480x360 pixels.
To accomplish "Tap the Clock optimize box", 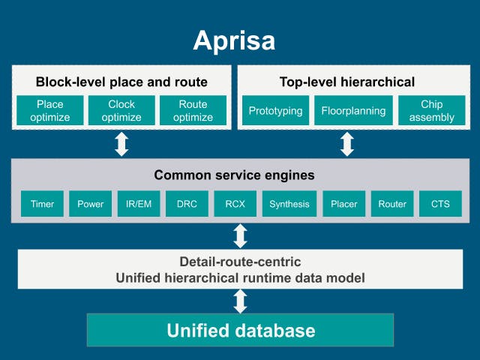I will point(121,110).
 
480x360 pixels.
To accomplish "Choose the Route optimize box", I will point(193,110).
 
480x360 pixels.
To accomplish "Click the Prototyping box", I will point(276,110).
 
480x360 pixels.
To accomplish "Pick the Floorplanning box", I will point(353,110).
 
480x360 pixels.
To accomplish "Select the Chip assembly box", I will point(432,110).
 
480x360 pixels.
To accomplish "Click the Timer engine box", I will point(42,203).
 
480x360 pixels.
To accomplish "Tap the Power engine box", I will point(91,203).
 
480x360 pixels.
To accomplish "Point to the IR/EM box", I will point(139,203).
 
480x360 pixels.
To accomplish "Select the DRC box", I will point(187,203).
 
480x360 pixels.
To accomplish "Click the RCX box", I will point(235,203).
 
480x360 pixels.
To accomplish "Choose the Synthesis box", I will point(289,203).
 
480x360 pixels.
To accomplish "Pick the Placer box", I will point(344,203).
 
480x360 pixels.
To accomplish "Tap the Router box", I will point(392,203).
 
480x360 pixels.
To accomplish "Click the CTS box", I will point(440,203).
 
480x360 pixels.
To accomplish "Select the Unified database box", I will point(241,330).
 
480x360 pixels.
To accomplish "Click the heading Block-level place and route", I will point(121,82).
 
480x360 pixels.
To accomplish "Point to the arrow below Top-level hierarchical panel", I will point(346,144).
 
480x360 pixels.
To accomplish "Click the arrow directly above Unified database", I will point(241,301).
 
